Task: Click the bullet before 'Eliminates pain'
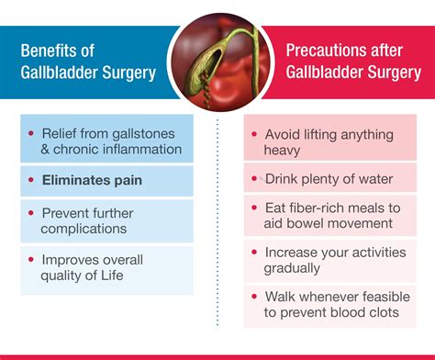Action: [x=33, y=180]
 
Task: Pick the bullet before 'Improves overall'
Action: [x=33, y=257]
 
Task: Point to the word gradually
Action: [x=294, y=267]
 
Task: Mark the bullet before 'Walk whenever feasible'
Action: [x=256, y=298]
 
